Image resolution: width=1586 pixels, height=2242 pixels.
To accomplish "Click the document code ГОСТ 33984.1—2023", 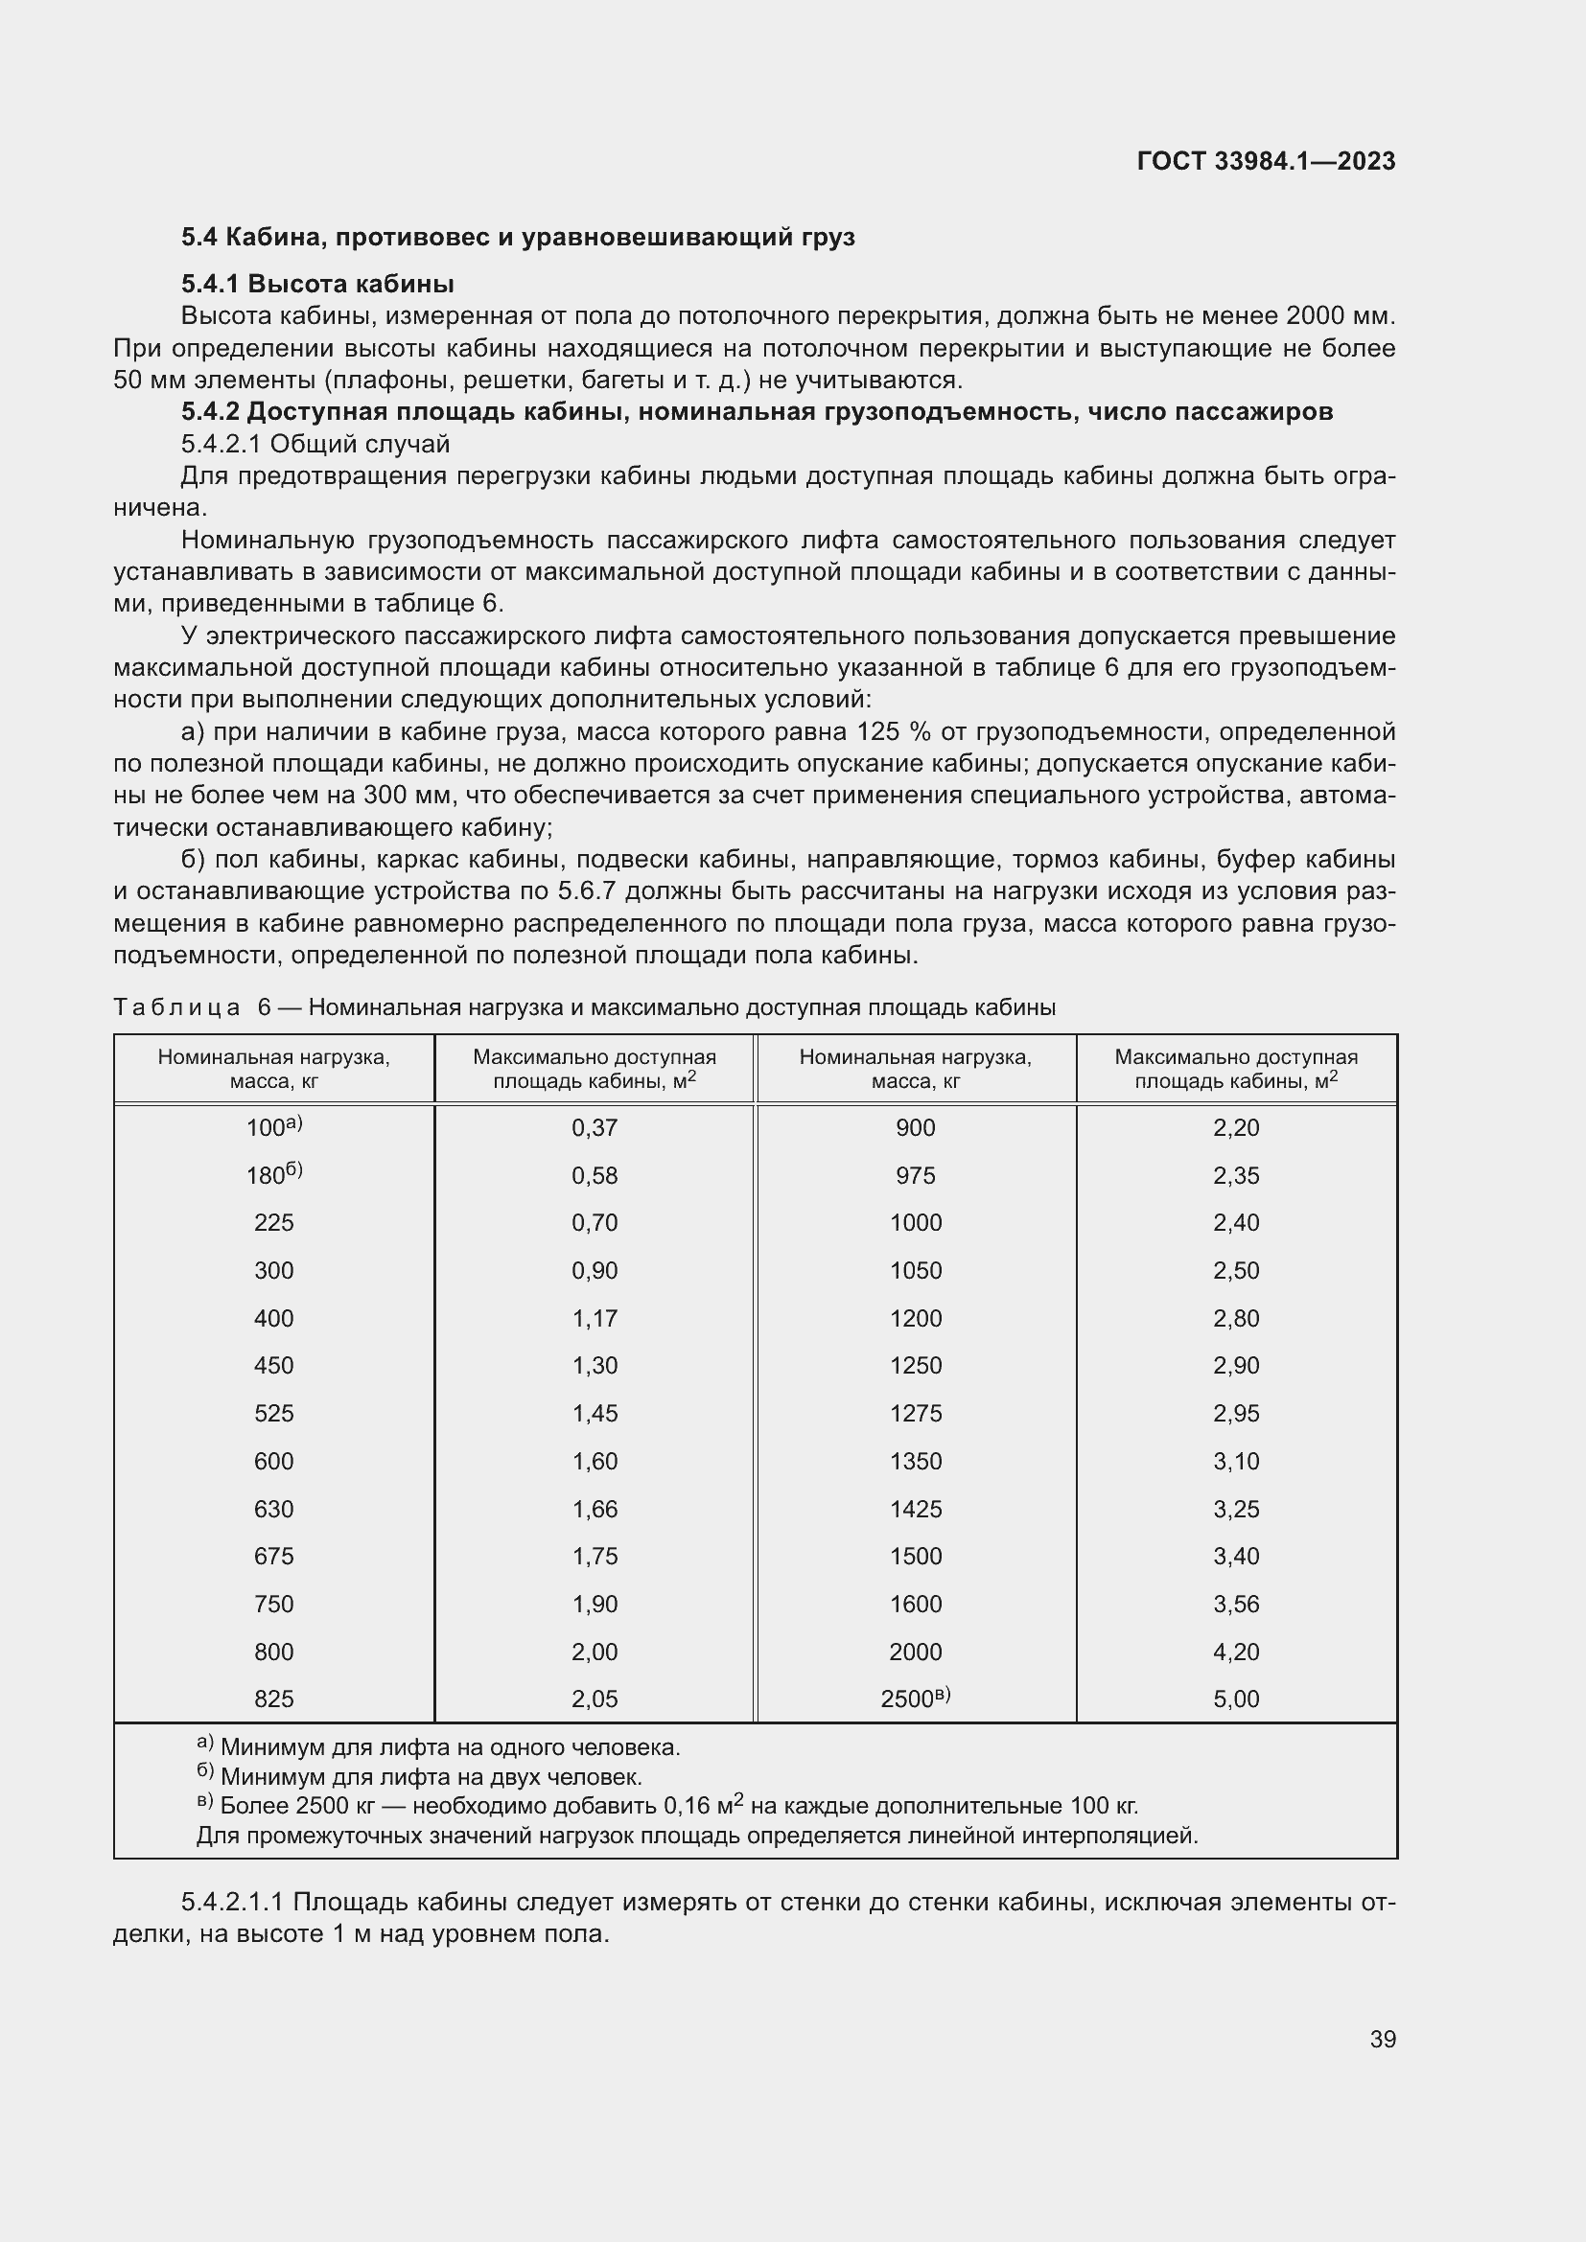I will tap(1266, 161).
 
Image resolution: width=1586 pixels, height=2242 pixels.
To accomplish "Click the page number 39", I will tap(1382, 2039).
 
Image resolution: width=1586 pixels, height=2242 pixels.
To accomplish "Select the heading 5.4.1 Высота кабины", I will tap(317, 284).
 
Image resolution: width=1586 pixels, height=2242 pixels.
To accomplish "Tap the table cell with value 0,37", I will tap(594, 1128).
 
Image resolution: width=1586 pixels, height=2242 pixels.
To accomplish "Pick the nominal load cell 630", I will tap(273, 1509).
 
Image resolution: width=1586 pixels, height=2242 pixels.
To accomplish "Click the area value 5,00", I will tap(1235, 1699).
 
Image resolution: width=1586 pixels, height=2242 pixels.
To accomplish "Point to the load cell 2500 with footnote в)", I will tap(914, 1699).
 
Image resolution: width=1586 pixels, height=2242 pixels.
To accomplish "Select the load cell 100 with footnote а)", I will tap(273, 1128).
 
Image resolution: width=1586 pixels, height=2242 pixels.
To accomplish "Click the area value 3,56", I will tap(1235, 1605).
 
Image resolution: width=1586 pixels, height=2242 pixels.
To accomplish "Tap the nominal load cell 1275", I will tap(915, 1414).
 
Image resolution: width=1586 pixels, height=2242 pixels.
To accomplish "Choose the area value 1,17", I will tap(594, 1318).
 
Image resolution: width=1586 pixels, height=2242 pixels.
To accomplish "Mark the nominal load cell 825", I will tap(273, 1699).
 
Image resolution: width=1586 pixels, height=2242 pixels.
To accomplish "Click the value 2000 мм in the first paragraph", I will tap(1340, 316).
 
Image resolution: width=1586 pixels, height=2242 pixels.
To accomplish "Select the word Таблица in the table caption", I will tap(176, 1007).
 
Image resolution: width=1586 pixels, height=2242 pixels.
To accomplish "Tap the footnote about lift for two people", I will tap(430, 1776).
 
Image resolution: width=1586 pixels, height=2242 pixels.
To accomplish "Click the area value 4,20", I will tap(1235, 1653).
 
